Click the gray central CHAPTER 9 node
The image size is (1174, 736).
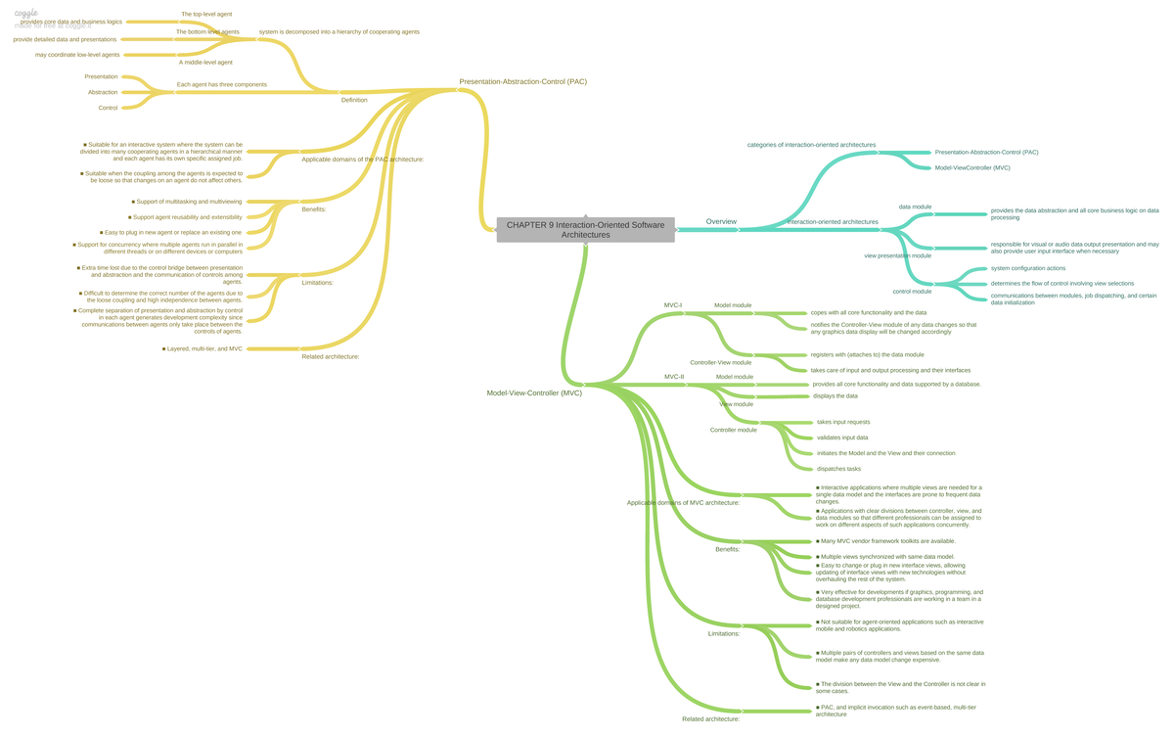[585, 230]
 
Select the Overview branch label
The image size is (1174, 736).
[721, 222]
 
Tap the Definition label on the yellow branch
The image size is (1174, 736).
[354, 100]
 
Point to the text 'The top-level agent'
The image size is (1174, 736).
[206, 15]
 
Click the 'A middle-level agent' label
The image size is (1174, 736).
[205, 62]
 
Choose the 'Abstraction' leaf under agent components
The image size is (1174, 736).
[103, 92]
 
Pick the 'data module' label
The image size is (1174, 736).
[915, 207]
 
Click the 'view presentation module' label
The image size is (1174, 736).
[897, 255]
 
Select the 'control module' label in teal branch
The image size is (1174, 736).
[912, 291]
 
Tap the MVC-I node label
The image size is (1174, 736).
[673, 305]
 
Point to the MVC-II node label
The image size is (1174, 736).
[674, 377]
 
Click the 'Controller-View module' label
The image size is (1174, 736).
[720, 362]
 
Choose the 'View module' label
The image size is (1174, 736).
[737, 404]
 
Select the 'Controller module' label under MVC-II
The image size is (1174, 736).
[733, 430]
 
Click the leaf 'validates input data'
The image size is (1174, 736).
[842, 437]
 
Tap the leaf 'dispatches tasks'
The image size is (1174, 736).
[838, 469]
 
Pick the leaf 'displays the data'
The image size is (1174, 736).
[835, 396]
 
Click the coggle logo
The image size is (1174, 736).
[26, 14]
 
